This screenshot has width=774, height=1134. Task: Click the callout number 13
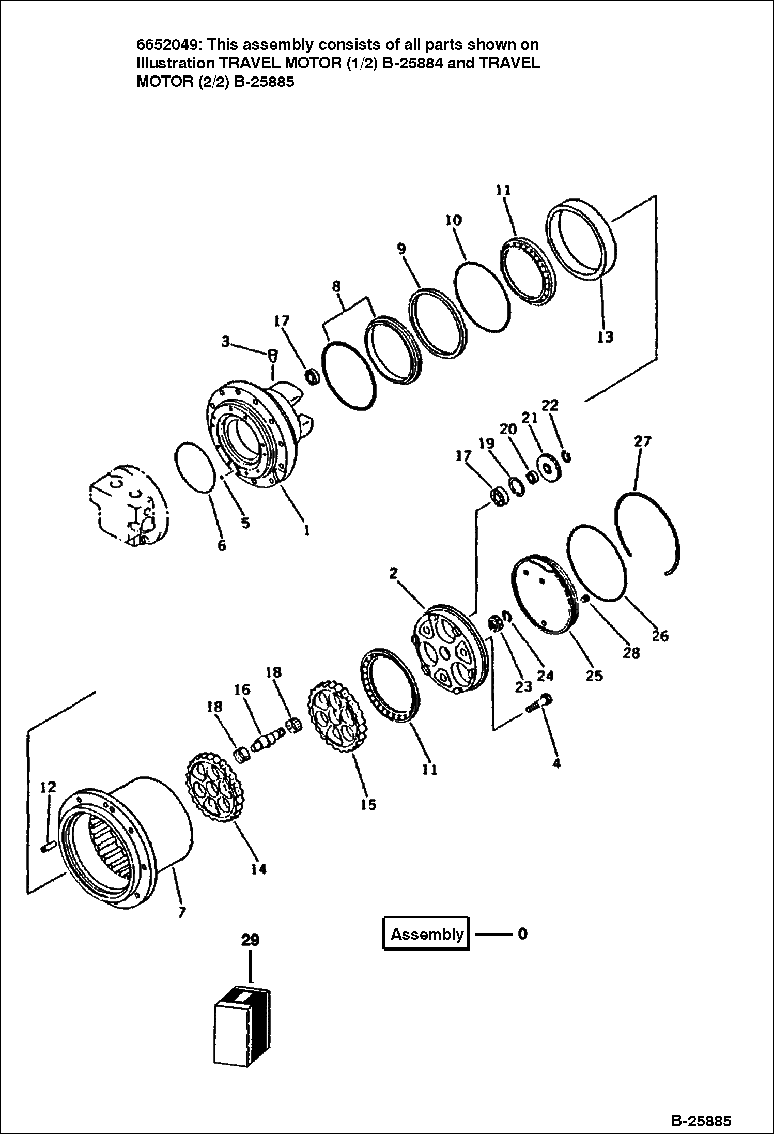(x=605, y=337)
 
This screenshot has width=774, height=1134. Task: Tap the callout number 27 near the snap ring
(x=642, y=441)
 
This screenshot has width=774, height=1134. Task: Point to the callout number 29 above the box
(x=250, y=940)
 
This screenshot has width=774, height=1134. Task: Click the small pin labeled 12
(x=48, y=847)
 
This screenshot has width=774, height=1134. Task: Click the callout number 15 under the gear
(x=368, y=804)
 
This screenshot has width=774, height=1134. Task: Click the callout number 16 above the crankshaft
(x=242, y=689)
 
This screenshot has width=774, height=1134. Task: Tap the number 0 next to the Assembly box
(x=522, y=934)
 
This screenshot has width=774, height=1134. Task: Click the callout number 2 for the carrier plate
(x=394, y=573)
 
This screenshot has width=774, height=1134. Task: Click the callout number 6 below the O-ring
(x=222, y=545)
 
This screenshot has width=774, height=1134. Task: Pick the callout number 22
(x=550, y=405)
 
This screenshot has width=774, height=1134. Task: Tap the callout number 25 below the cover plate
(x=594, y=675)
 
